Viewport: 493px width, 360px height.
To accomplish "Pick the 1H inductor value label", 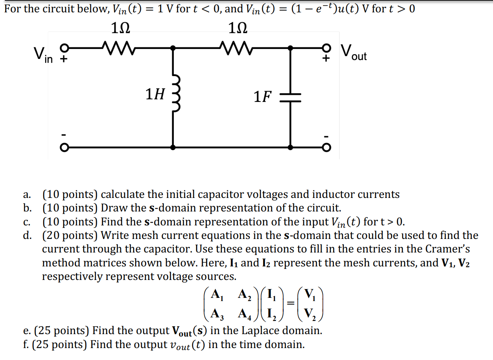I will [155, 94].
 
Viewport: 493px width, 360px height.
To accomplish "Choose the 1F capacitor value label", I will [263, 96].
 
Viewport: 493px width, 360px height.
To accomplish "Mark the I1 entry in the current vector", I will [271, 295].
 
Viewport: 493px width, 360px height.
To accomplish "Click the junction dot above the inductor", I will [173, 48].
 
